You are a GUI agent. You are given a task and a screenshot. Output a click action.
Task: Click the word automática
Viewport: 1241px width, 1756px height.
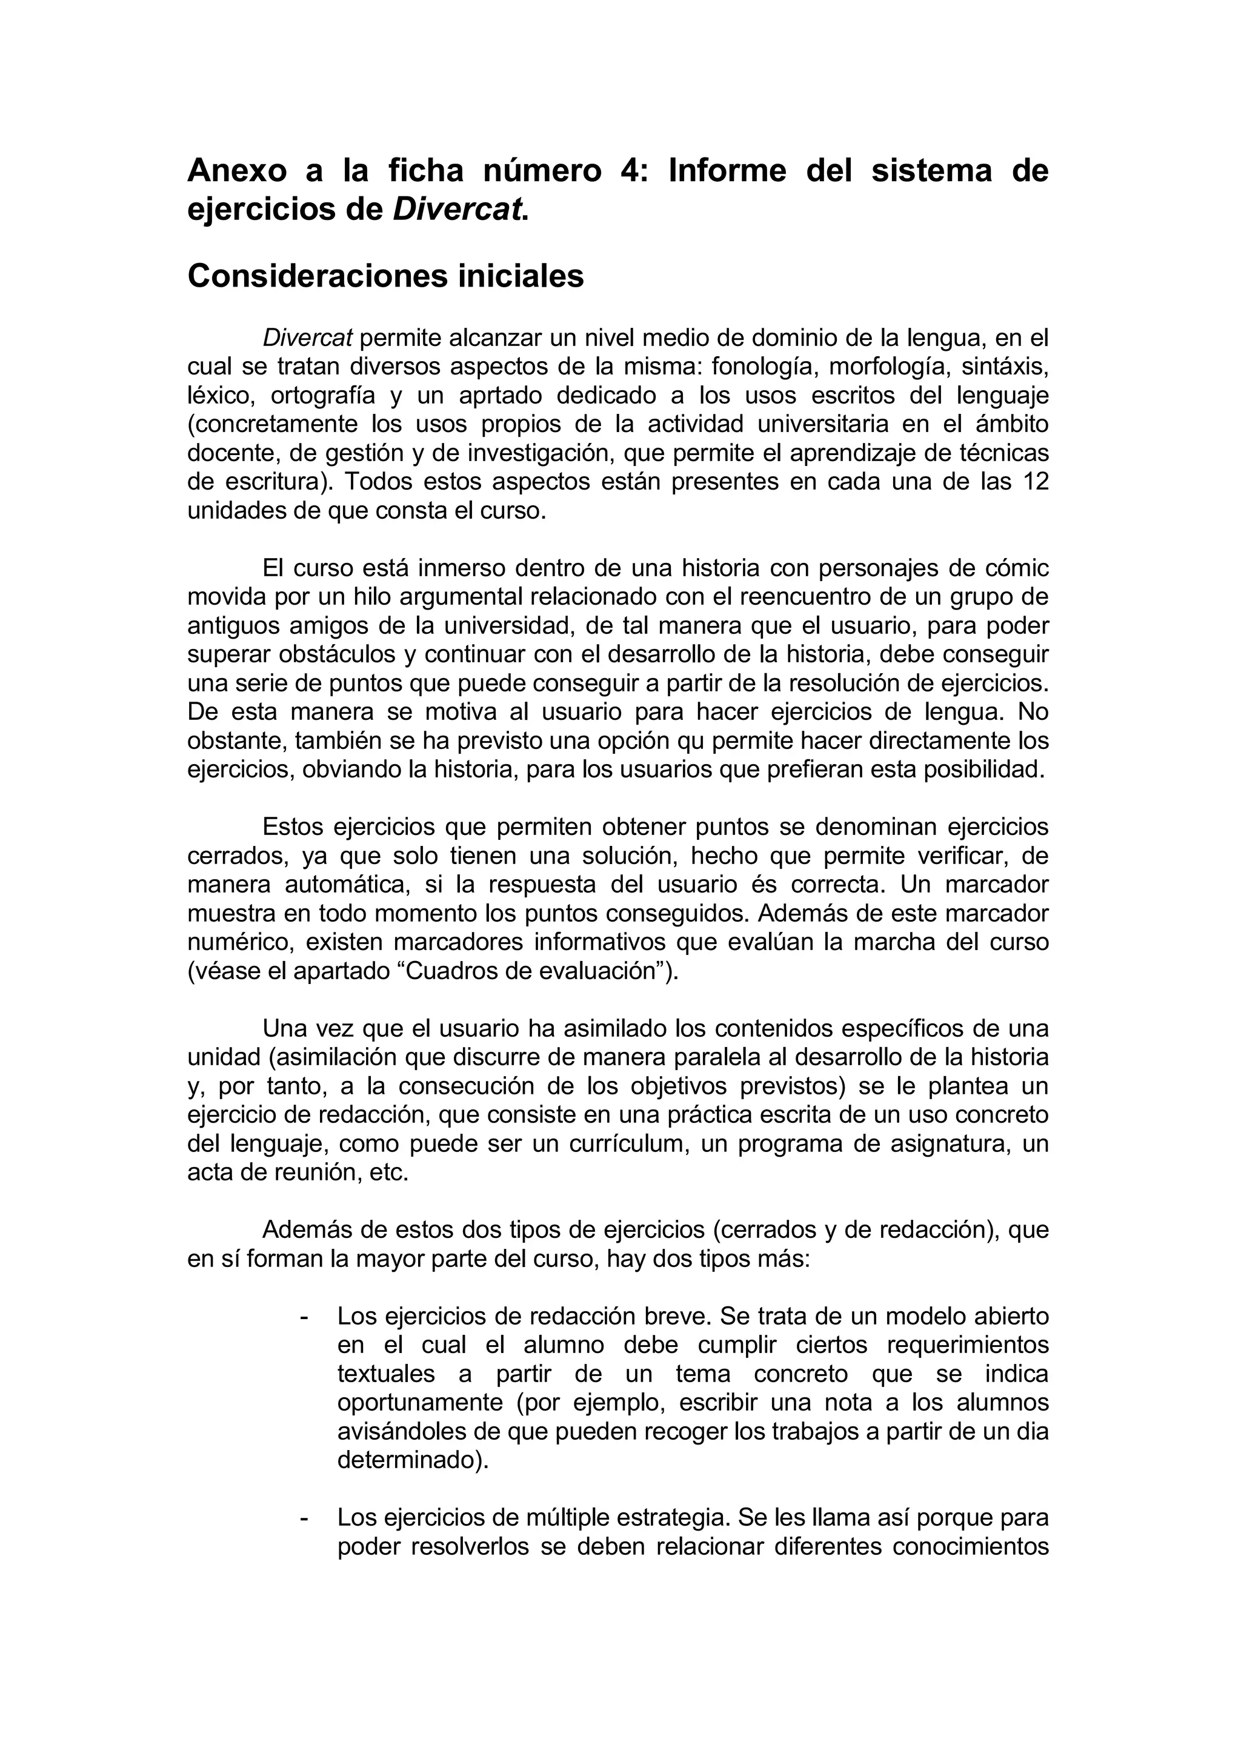(342, 885)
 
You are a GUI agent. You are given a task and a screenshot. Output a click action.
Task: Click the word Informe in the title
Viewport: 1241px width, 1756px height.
(727, 170)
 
